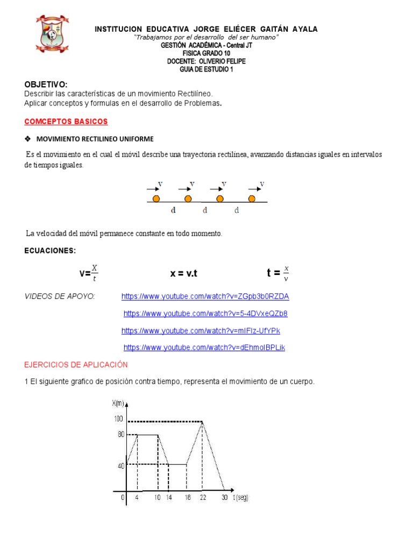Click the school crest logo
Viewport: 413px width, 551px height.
pos(52,37)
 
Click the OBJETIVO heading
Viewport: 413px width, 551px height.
pos(46,84)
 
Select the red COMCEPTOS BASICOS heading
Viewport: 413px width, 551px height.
pos(66,122)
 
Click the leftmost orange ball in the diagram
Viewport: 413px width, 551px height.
pos(156,199)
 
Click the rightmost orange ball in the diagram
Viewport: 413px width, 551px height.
pos(252,199)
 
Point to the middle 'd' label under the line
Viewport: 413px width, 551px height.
pos(205,210)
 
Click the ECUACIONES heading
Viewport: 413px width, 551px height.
pos(50,251)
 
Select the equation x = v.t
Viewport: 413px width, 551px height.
pos(184,273)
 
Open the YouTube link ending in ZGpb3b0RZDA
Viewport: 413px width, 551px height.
pos(205,296)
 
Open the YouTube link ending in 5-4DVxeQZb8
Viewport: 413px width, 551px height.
pos(205,313)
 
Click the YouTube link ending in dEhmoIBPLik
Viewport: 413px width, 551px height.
pos(204,348)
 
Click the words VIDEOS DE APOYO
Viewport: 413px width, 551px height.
pos(60,296)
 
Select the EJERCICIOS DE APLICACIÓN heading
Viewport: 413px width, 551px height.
pos(76,365)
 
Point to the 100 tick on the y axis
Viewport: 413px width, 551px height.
pos(118,419)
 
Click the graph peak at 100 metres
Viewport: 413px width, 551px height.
pos(202,421)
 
